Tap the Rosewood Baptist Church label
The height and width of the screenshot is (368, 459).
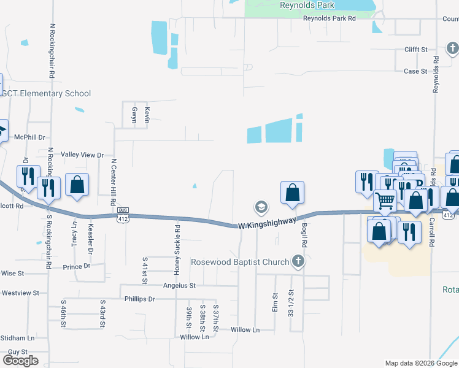click(240, 263)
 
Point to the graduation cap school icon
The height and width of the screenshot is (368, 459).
click(261, 207)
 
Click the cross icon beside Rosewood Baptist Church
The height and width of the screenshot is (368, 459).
click(298, 262)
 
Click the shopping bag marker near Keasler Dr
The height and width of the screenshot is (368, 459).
click(77, 185)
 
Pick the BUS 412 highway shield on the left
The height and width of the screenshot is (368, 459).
click(123, 213)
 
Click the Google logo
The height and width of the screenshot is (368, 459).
click(20, 361)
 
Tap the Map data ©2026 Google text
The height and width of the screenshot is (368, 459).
click(420, 363)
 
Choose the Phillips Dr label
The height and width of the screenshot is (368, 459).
click(139, 299)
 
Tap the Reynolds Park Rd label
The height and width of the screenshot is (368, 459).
click(330, 18)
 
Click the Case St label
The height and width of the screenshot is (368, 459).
click(415, 71)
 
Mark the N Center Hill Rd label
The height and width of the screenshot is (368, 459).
click(114, 182)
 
